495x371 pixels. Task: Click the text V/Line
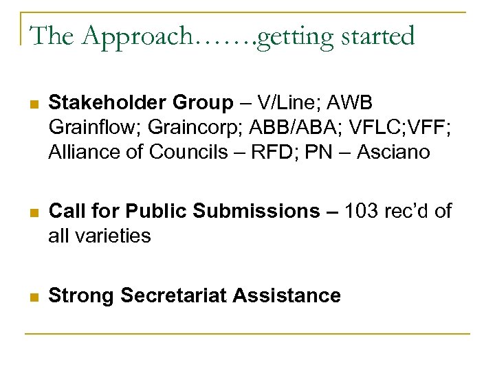(284, 103)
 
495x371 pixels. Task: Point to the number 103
(360, 212)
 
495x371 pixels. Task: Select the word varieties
(118, 236)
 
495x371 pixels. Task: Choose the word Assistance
(287, 295)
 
